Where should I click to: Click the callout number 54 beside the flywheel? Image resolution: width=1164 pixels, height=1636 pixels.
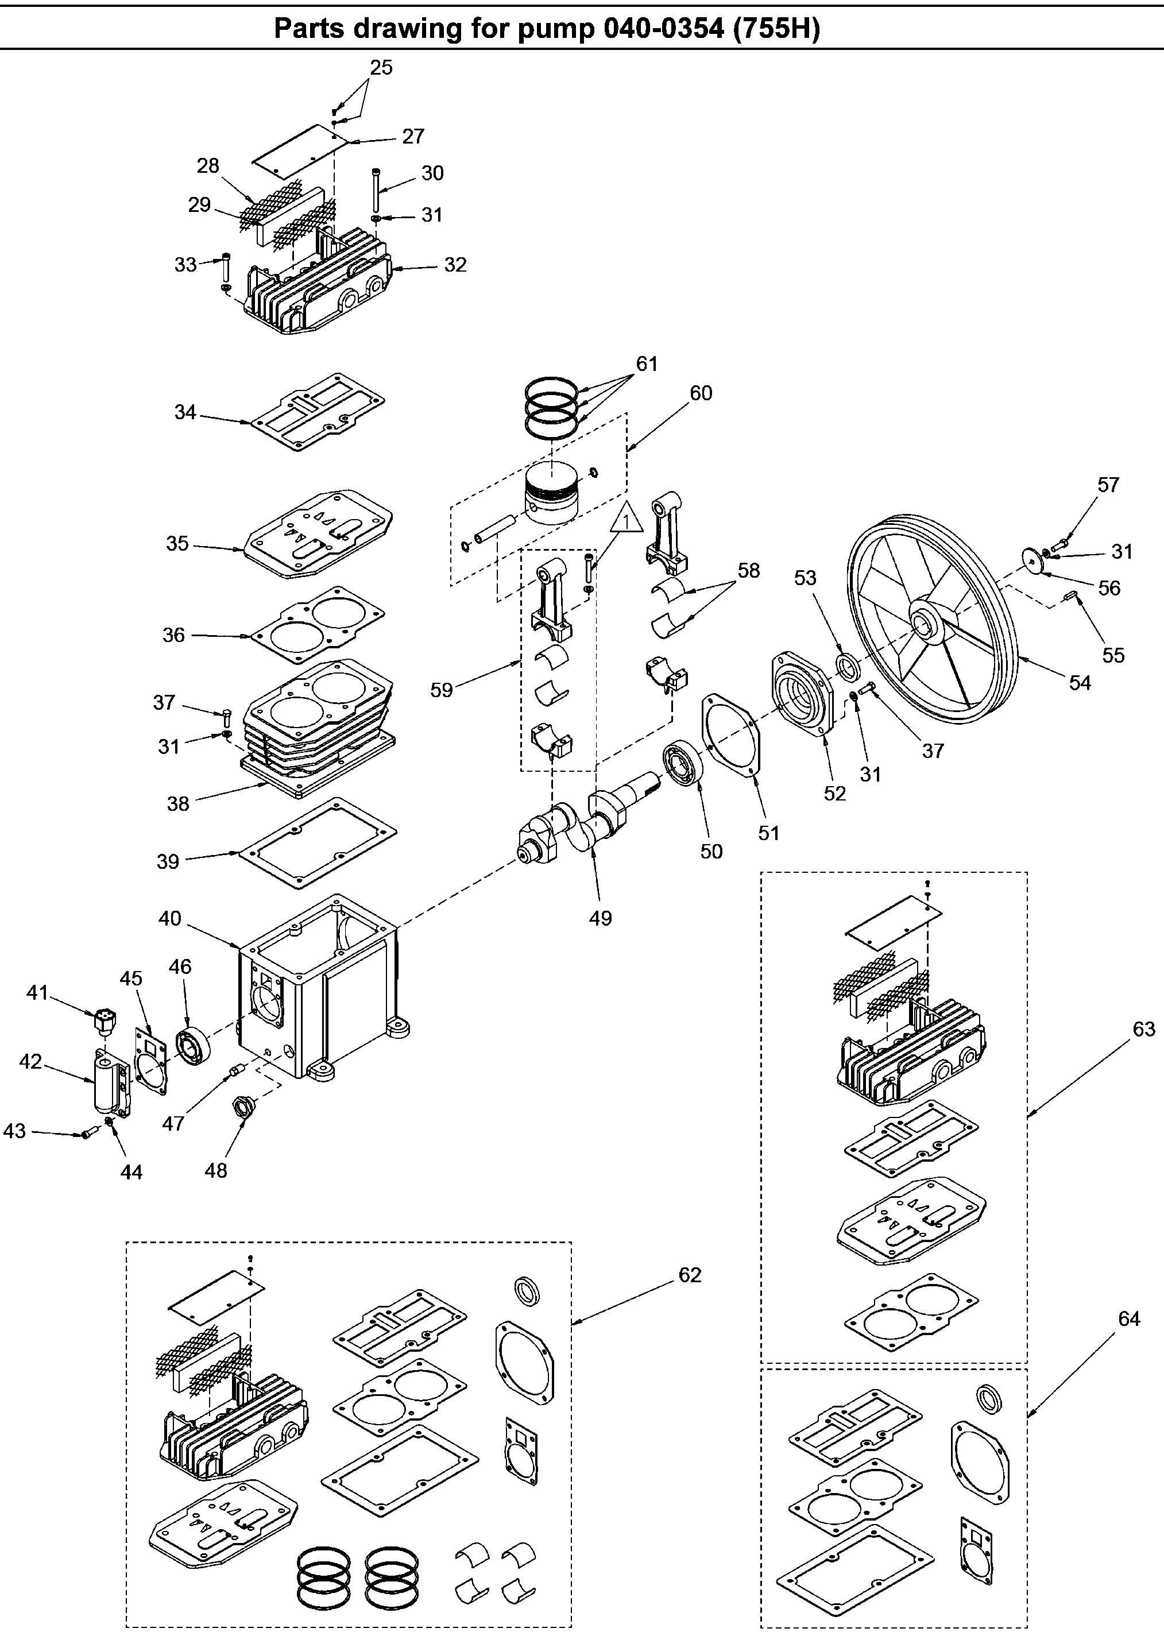pyautogui.click(x=1080, y=683)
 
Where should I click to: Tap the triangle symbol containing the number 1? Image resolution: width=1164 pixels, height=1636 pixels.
pyautogui.click(x=627, y=520)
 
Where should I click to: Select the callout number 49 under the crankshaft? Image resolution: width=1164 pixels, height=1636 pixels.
pyautogui.click(x=601, y=918)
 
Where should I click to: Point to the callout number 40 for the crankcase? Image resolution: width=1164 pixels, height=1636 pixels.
pyautogui.click(x=170, y=919)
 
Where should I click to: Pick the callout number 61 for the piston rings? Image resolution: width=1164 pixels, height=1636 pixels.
pyautogui.click(x=647, y=364)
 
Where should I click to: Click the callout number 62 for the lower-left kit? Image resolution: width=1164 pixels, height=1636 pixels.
pyautogui.click(x=690, y=1275)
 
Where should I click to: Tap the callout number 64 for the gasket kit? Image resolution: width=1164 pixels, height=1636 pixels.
pyautogui.click(x=1129, y=1318)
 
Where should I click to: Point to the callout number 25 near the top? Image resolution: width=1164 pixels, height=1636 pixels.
pyautogui.click(x=381, y=67)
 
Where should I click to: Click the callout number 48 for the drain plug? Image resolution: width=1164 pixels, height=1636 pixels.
pyautogui.click(x=216, y=1170)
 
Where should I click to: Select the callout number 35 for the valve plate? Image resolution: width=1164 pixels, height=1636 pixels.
pyautogui.click(x=178, y=543)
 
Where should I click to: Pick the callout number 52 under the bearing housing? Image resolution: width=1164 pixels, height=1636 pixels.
pyautogui.click(x=835, y=793)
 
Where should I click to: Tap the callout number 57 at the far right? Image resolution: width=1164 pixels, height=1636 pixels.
pyautogui.click(x=1108, y=485)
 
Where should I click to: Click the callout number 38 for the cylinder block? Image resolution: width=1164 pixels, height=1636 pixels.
pyautogui.click(x=178, y=803)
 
